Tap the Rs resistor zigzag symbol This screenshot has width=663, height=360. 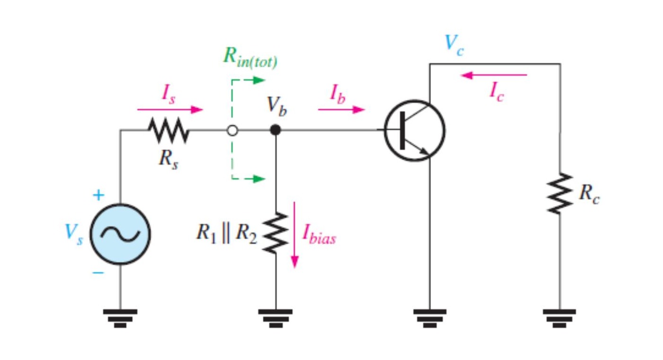(x=168, y=130)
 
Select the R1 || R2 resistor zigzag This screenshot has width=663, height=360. (x=276, y=233)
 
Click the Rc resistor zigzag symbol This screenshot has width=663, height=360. (x=560, y=193)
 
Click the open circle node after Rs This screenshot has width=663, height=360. (x=233, y=130)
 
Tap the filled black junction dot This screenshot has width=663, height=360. (x=276, y=130)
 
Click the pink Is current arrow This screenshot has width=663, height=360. (x=170, y=109)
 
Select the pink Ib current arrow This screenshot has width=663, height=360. (x=341, y=109)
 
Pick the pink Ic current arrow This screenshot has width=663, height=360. (x=493, y=75)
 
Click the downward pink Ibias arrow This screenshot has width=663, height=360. (x=295, y=235)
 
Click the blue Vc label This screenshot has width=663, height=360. (x=455, y=45)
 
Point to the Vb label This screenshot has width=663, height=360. (x=277, y=107)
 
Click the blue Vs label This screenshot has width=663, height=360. (x=74, y=234)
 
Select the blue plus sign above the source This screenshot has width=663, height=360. (x=99, y=195)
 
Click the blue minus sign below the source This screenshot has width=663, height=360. (x=99, y=273)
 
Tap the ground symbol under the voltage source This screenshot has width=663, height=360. (x=120, y=318)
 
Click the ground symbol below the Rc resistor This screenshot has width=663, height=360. (x=559, y=318)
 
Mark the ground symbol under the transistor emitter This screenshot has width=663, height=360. (x=430, y=318)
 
